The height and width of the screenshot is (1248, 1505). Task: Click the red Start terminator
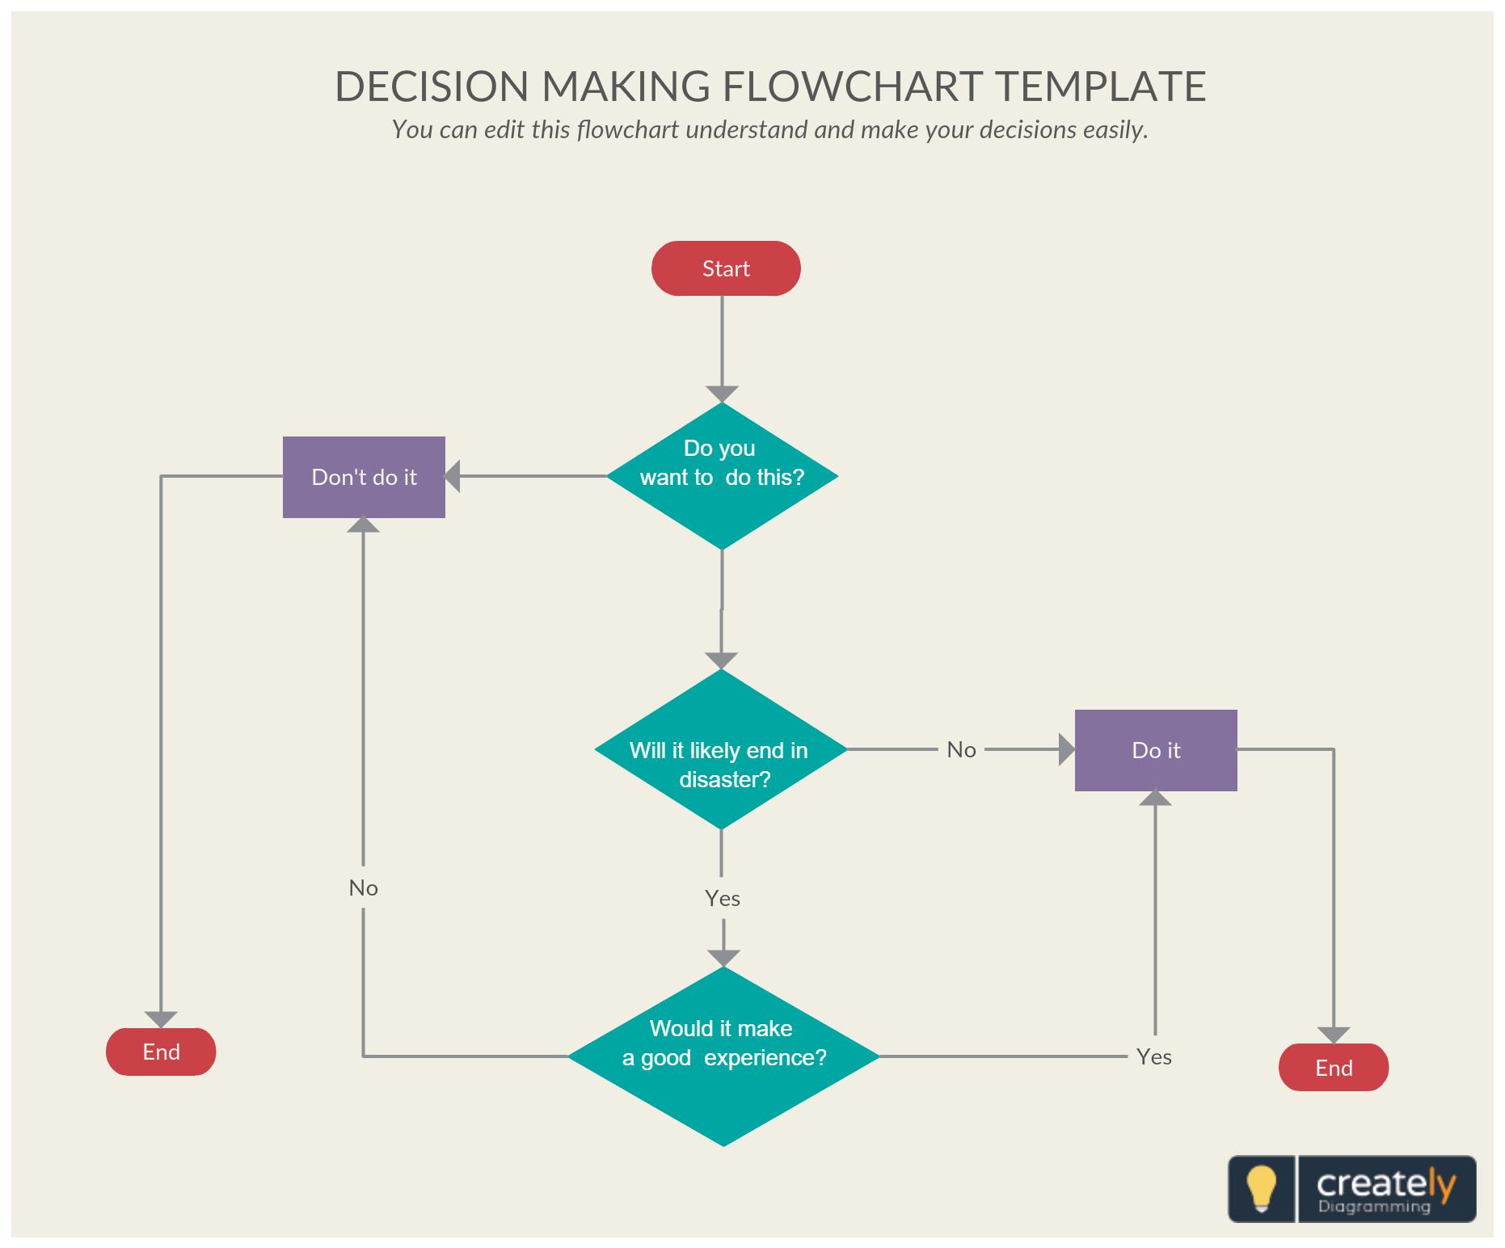tap(726, 268)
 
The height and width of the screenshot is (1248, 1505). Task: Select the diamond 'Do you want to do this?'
tap(722, 475)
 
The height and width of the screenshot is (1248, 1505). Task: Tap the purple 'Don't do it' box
tap(364, 477)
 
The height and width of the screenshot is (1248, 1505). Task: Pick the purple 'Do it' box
tap(1156, 750)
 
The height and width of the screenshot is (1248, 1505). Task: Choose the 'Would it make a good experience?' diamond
tap(723, 1056)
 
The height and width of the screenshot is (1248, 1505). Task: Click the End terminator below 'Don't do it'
tap(161, 1052)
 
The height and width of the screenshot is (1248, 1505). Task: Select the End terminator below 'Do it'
tap(1334, 1068)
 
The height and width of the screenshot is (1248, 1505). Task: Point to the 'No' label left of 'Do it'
tap(961, 750)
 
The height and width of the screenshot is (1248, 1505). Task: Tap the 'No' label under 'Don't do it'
tap(363, 888)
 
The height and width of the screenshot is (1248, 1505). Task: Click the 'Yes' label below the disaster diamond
tap(722, 899)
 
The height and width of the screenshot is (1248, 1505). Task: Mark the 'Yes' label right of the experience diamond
tap(1153, 1057)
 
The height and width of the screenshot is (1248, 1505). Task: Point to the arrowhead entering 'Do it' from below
tap(1155, 798)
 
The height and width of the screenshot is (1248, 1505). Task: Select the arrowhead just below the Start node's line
tap(722, 394)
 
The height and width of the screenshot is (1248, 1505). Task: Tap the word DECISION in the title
tap(432, 86)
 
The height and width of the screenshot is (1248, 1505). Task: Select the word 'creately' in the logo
tap(1385, 1183)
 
